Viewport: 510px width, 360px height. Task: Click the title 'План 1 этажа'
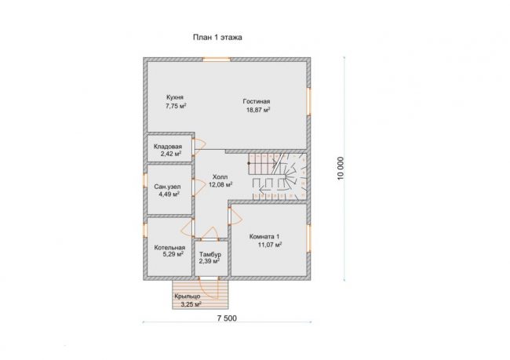217,38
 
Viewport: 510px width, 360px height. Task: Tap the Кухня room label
175,97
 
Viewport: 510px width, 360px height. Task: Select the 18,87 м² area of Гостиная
258,110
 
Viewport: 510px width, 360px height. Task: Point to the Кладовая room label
168,147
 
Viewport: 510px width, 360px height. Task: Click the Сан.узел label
167,187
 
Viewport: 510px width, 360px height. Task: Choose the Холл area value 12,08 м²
220,185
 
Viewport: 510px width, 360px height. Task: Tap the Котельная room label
169,248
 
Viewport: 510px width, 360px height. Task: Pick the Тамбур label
210,254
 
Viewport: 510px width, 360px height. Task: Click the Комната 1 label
264,237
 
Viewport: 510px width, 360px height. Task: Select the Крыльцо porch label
188,296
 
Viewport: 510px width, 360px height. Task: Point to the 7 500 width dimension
227,318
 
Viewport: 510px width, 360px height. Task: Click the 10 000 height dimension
341,169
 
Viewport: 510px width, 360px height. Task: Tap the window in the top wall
217,60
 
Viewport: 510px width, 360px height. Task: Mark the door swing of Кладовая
200,145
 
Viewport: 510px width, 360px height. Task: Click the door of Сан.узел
199,187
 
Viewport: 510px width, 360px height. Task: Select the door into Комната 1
235,216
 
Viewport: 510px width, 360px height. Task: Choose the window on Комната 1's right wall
308,238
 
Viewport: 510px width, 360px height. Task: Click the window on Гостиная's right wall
308,101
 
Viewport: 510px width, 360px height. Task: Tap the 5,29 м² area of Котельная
173,254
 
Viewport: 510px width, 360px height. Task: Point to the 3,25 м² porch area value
191,305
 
